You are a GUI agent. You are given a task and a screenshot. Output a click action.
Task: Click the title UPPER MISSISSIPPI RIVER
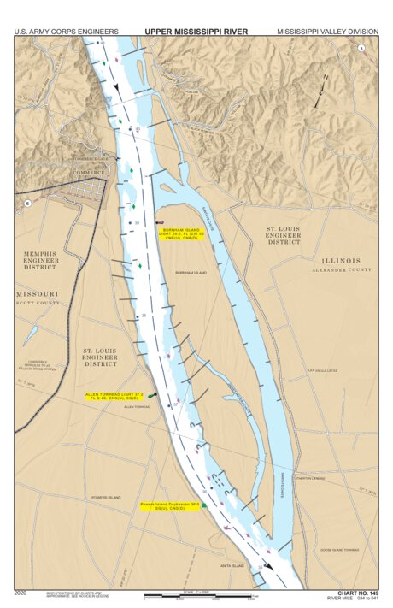tap(196, 31)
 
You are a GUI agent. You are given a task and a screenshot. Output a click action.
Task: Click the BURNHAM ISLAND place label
tap(191, 273)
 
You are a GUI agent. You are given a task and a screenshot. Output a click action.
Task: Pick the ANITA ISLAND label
tap(232, 565)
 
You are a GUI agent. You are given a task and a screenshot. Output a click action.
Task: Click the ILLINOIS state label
tap(341, 260)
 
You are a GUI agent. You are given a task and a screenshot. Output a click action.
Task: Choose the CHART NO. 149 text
tap(357, 593)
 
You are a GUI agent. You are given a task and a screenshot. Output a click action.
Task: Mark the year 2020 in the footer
tap(22, 592)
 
